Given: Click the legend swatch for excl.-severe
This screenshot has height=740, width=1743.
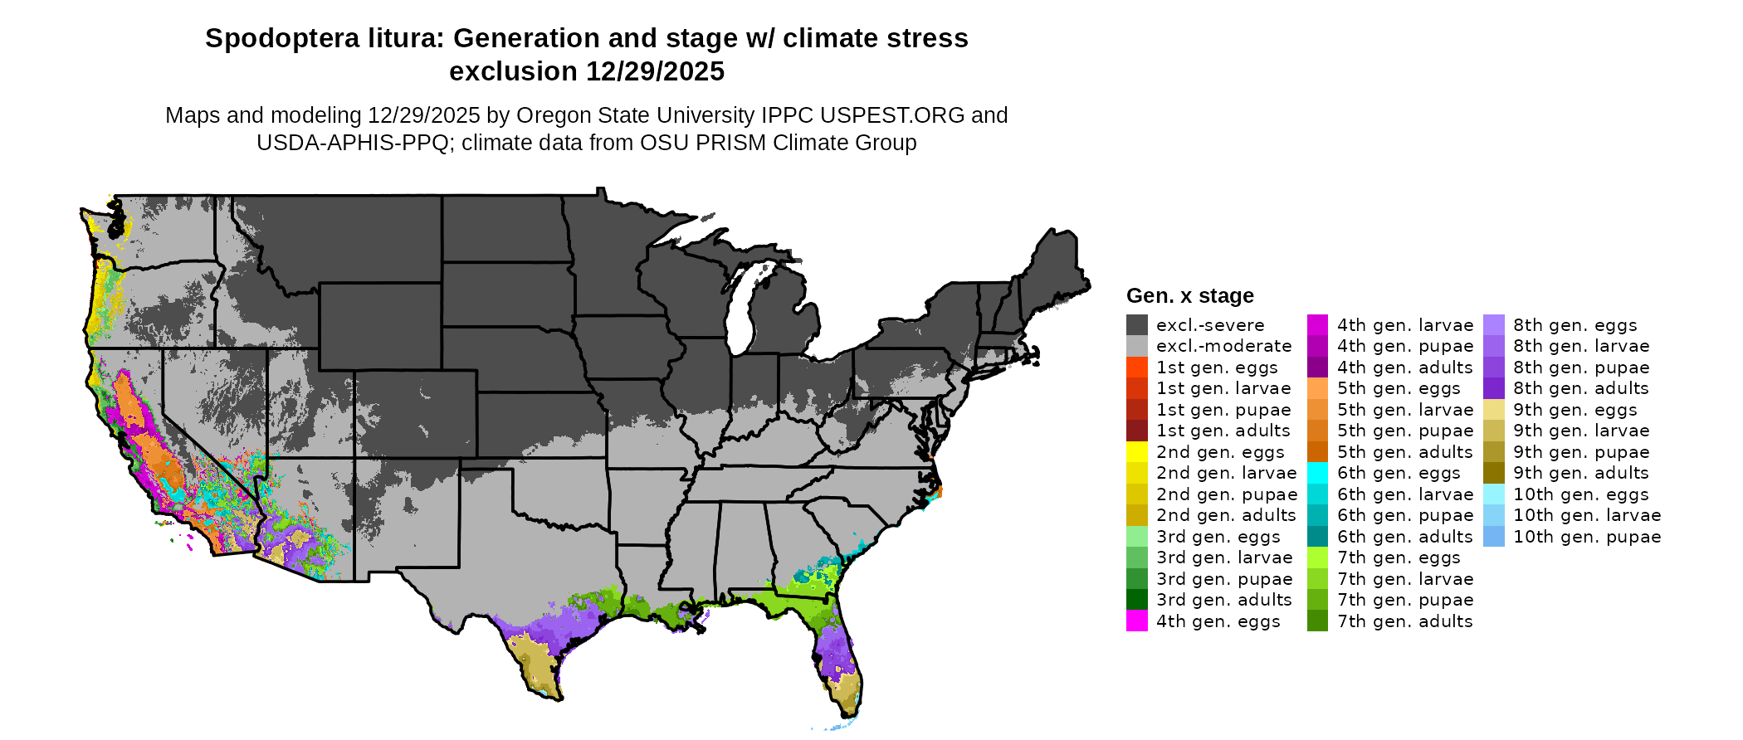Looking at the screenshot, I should tap(1137, 325).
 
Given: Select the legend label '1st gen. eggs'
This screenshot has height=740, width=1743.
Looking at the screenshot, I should tap(1217, 368).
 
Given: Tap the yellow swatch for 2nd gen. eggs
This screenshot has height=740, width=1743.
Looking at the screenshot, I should tap(1137, 452).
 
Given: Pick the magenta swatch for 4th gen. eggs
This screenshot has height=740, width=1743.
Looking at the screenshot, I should tap(1137, 621).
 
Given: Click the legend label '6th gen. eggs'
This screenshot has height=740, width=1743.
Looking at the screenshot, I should tap(1399, 473).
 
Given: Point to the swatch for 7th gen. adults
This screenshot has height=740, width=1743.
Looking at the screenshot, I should tap(1317, 621).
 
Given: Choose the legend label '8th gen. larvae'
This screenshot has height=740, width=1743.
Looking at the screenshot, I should tap(1581, 346).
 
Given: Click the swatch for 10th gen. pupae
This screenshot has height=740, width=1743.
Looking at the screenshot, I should tap(1494, 537).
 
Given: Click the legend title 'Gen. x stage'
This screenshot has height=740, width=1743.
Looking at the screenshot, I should tap(1189, 296).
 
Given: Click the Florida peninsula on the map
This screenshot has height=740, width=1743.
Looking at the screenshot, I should tap(838, 655).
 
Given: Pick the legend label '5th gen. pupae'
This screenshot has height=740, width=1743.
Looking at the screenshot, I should tap(1405, 431).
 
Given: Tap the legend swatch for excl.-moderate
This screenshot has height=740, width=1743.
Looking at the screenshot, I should tap(1137, 346).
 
